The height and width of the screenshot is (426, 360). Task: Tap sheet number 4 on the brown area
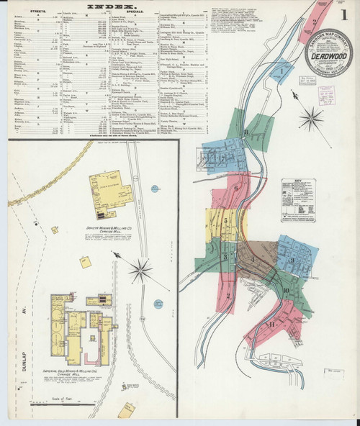point(253,257)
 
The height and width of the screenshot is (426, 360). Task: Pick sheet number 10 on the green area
point(286,291)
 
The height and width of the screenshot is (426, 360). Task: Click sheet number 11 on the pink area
point(272,324)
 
